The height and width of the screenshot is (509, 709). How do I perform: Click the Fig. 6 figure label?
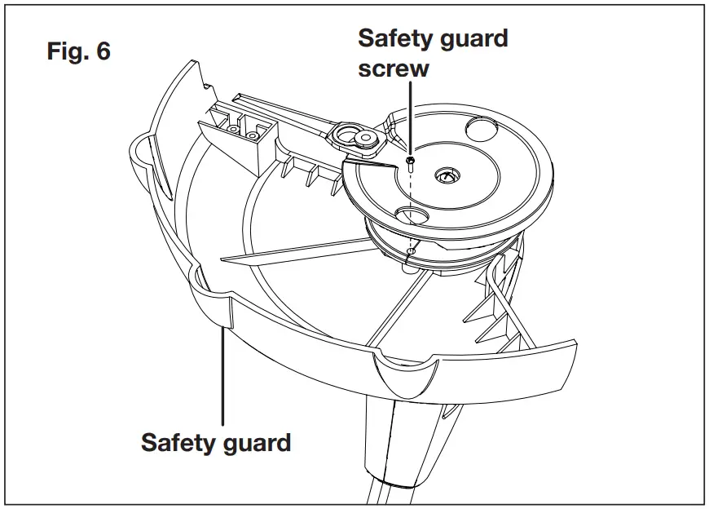click(x=80, y=52)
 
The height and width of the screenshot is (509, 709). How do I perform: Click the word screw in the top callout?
click(x=393, y=68)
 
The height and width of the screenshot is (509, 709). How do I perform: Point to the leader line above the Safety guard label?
click(x=222, y=375)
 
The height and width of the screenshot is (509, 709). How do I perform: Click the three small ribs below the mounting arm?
click(x=313, y=175)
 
